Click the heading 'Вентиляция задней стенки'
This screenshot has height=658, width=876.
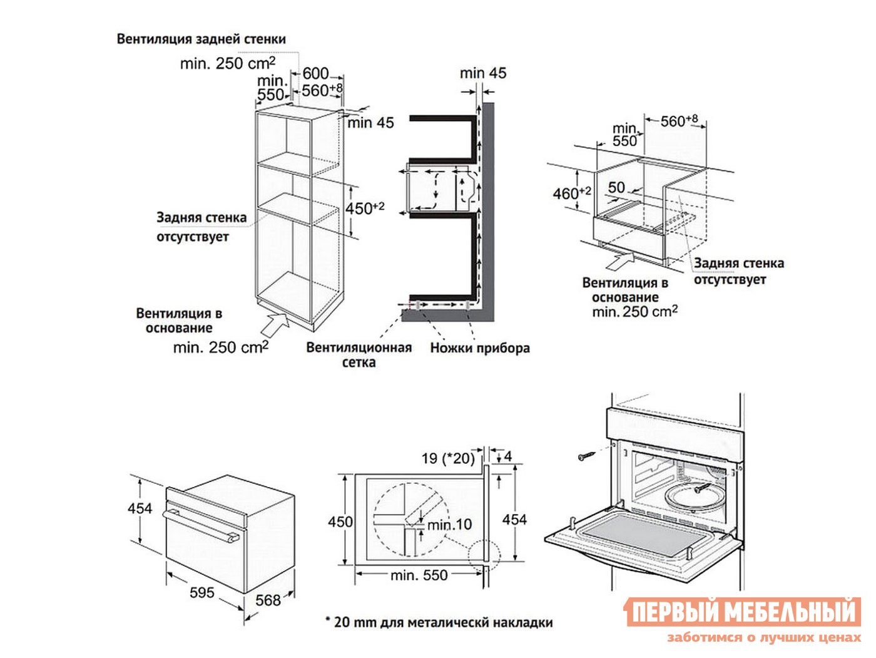point(201,39)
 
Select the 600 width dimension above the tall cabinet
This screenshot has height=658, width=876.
point(315,74)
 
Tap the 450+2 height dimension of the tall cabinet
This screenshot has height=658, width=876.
point(364,208)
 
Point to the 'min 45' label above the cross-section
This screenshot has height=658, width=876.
point(482,73)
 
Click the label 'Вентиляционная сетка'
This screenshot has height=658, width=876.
point(359,355)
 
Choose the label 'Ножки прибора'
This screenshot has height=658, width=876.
point(479,348)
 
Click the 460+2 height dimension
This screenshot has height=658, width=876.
point(571,193)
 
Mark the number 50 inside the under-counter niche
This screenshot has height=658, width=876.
point(616,187)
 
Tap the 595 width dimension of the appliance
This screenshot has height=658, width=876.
point(201,592)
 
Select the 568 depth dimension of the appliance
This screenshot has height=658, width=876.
point(268,600)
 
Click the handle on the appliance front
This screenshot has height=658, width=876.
point(200,526)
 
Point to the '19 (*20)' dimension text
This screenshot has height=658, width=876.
point(447,458)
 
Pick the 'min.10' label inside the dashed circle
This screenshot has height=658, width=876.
point(450,525)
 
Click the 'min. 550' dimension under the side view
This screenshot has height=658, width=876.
point(419,575)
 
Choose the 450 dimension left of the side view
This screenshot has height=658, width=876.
point(340,522)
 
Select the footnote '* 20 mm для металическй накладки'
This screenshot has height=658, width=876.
point(438,622)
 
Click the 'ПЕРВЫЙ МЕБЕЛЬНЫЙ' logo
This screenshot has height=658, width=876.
point(742,612)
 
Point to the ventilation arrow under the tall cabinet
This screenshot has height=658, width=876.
point(274,325)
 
